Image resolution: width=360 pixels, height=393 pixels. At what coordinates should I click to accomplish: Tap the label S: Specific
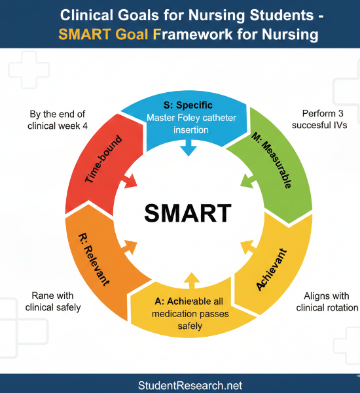188,105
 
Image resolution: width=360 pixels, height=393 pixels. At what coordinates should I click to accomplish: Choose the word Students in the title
282,14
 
